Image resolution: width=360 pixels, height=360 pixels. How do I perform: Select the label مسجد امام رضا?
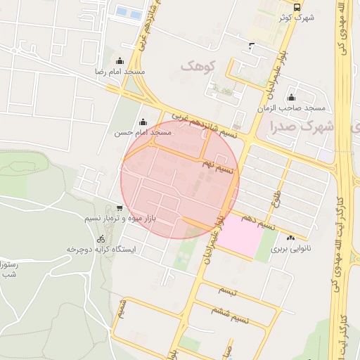[x=121, y=72]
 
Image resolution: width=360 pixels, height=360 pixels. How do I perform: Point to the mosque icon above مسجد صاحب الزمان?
[x=291, y=97]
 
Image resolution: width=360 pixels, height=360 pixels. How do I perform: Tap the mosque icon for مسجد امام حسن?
[x=143, y=122]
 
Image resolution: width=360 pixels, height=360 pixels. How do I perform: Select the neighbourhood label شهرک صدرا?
[x=300, y=127]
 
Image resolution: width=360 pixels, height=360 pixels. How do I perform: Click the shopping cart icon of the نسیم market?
[x=120, y=207]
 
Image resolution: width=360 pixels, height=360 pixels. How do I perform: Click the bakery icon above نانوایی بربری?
[x=291, y=238]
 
